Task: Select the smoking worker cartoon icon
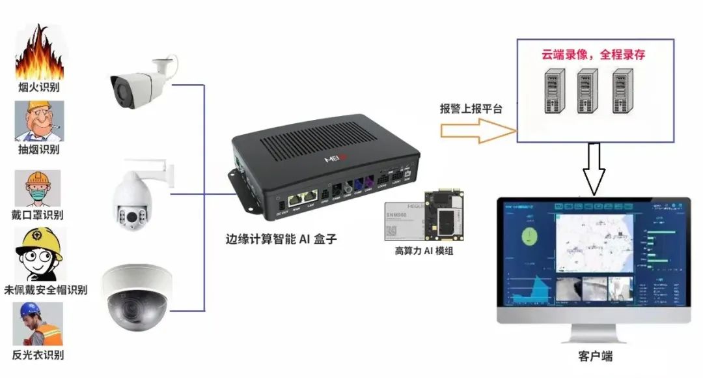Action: tap(40, 121)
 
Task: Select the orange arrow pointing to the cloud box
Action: tap(475, 130)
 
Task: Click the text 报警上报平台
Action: tap(471, 109)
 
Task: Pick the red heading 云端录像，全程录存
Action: tap(593, 55)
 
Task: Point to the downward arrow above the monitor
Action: tap(594, 169)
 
